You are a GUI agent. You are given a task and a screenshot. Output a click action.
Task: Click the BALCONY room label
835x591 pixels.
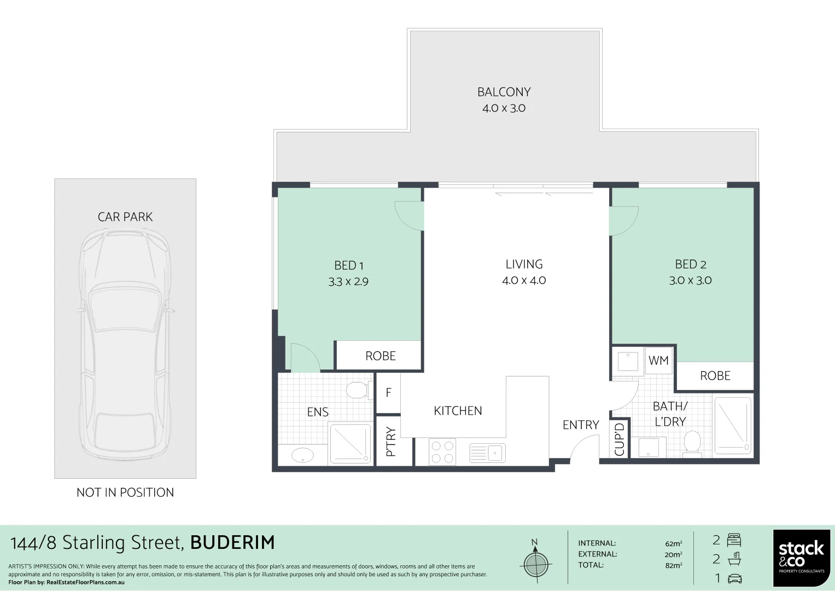504,92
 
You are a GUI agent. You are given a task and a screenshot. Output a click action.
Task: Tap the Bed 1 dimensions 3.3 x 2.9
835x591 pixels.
348,282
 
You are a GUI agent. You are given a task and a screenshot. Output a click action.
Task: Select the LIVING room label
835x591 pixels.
524,264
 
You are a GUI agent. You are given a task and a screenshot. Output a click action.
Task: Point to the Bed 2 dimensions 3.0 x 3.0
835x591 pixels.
690,280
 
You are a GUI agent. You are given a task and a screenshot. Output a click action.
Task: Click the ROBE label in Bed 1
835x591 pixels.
380,356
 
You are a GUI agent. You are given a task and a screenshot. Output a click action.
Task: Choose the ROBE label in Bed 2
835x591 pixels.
715,376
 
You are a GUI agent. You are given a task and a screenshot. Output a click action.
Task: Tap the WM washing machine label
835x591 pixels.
658,361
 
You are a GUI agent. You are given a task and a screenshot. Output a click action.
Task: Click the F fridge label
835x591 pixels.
388,392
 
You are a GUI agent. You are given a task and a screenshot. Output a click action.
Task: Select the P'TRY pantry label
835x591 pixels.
390,442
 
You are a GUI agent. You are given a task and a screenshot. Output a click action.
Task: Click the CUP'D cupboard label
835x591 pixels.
620,439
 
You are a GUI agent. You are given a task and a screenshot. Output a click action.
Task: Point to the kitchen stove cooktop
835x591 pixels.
442,452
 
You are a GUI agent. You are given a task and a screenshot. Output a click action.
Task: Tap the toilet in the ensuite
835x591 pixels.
357,390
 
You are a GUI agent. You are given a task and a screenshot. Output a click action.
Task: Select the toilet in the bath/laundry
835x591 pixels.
692,442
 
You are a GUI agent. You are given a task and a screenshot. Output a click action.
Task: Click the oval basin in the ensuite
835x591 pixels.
302,455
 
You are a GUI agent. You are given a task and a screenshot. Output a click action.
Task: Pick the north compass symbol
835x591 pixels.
535,563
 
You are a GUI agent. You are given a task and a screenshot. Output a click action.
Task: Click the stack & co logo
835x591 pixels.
801,558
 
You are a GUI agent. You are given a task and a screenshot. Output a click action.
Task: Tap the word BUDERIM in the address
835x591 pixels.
232,543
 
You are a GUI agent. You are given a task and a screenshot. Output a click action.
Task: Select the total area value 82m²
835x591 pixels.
673,565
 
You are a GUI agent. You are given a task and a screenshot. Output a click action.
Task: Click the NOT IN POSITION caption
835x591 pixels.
125,493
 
